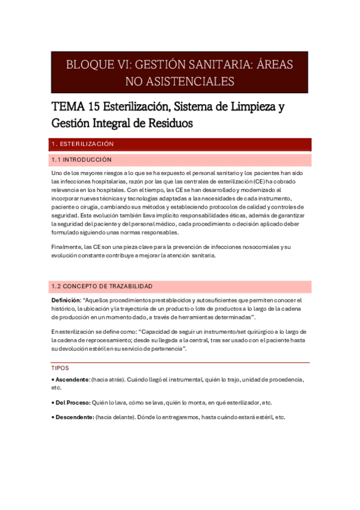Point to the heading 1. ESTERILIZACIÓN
pos(83,144)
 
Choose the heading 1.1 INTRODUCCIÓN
pos(82,160)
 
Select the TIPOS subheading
pos(60,368)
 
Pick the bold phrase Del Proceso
pos(73,403)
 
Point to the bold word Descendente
pos(75,417)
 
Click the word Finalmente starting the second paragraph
pos(66,247)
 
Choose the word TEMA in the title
pos(68,108)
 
